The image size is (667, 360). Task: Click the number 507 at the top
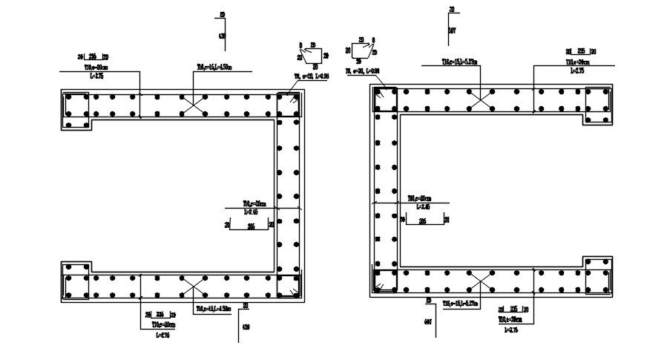[x=452, y=30]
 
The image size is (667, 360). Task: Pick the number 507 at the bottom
[x=429, y=322]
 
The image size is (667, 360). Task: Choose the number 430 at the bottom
[x=245, y=327]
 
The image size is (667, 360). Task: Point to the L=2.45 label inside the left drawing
[x=249, y=212]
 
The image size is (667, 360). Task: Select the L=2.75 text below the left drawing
[x=162, y=335]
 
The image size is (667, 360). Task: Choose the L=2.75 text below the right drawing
[x=509, y=329]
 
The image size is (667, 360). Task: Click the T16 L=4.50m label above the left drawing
[x=214, y=67]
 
